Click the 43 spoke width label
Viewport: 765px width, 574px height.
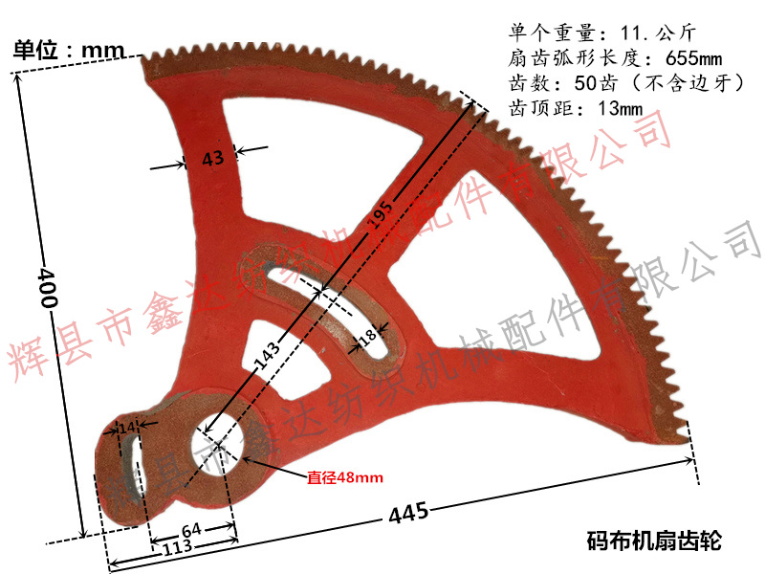(x=211, y=159)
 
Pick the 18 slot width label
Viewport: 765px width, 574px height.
(x=366, y=338)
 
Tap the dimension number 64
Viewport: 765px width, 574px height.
(x=192, y=528)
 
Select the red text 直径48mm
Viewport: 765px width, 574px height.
(x=345, y=476)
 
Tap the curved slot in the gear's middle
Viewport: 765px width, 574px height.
(x=325, y=306)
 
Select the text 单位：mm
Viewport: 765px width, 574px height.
(x=70, y=49)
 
